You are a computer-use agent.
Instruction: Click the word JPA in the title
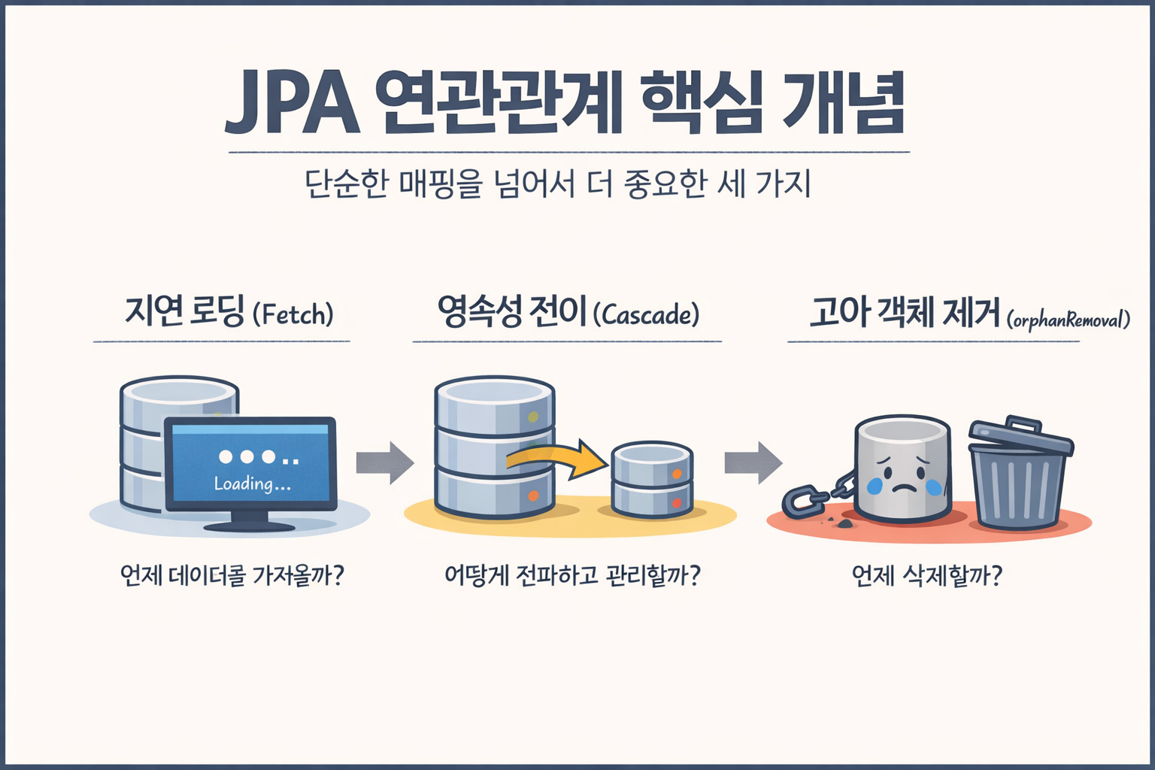tap(293, 103)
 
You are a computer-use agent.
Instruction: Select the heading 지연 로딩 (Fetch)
tap(229, 312)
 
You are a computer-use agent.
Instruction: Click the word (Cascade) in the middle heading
tap(646, 314)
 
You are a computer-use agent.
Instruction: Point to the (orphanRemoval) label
tap(1069, 320)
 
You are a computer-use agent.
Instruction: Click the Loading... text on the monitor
tap(252, 484)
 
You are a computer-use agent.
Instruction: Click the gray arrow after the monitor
tap(385, 462)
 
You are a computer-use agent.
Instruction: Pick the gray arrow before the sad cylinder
tap(753, 462)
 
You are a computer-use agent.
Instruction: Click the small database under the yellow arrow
tap(652, 480)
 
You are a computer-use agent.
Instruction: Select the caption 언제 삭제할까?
tap(926, 576)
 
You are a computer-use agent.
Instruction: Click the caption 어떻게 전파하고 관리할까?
tap(573, 575)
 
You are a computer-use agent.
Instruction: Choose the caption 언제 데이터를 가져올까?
tap(232, 575)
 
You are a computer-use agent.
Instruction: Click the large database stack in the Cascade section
tap(495, 447)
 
